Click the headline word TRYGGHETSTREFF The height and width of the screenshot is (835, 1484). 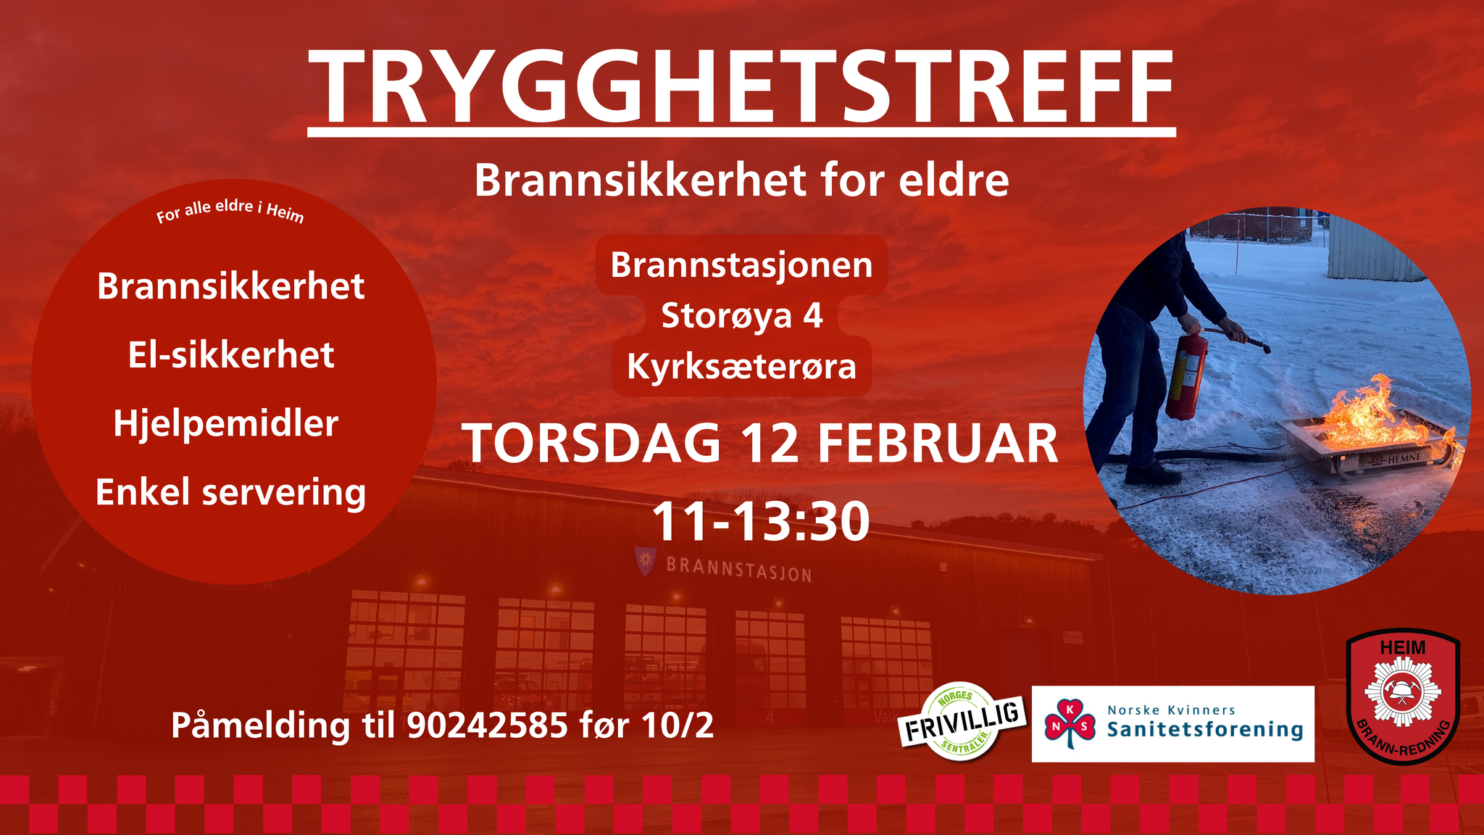[741, 88]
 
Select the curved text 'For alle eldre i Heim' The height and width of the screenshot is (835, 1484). [230, 210]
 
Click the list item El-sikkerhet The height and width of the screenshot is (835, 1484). [231, 355]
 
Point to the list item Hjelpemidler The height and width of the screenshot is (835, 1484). [226, 424]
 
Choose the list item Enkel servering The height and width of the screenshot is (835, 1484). [230, 493]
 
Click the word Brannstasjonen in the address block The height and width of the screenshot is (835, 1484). [741, 265]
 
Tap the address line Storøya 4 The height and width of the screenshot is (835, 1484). [742, 316]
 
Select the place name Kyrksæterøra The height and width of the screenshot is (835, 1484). [741, 367]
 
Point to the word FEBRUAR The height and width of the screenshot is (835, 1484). [938, 443]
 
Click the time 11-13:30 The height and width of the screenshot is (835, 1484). [760, 521]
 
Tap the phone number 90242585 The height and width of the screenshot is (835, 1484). [488, 726]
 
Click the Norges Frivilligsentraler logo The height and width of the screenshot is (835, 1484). [962, 721]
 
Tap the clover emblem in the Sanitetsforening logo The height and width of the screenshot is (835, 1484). [1070, 721]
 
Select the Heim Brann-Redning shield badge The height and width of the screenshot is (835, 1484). [1402, 697]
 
